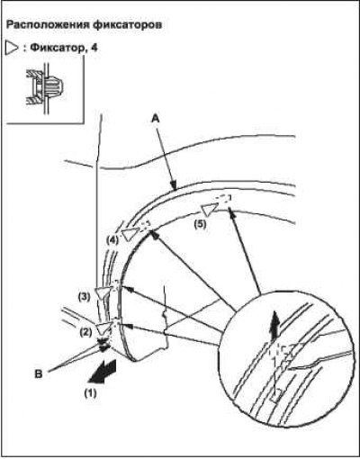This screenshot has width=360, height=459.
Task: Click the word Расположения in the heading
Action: pos(48,25)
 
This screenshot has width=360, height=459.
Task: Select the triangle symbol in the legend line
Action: pos(13,48)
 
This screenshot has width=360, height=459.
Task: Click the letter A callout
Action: pos(155,119)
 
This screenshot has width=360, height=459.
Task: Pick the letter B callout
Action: pos(39,374)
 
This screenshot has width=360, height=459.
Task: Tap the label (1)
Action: pos(90,392)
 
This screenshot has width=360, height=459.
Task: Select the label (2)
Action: pos(85,332)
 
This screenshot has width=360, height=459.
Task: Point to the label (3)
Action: pos(84,297)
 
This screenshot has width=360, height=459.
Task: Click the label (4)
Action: pos(112,240)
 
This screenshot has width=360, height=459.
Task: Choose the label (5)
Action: pos(200,224)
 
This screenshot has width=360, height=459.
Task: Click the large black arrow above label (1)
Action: pos(102,371)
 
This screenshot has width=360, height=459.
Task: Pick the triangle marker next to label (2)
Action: pos(104,328)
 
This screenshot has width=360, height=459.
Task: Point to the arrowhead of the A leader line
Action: pos(173,185)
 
